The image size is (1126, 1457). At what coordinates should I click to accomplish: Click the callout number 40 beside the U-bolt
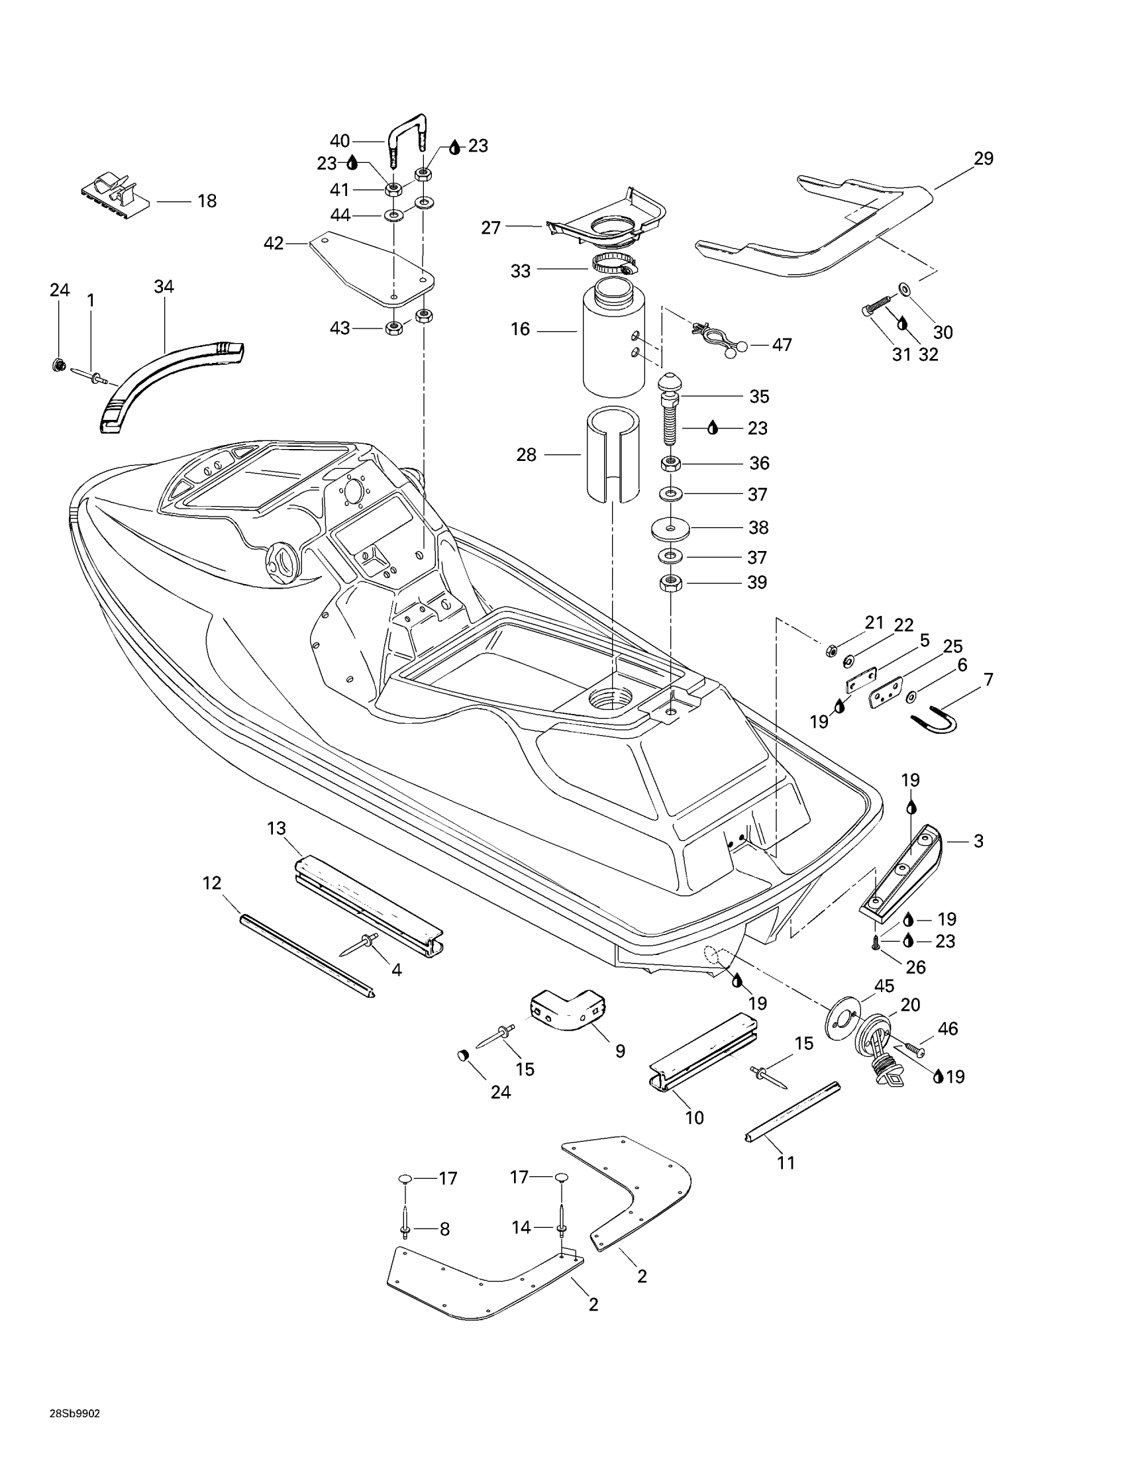pyautogui.click(x=340, y=141)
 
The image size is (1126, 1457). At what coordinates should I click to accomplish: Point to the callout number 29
pyautogui.click(x=983, y=159)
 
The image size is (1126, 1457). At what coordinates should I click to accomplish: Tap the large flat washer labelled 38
pyautogui.click(x=670, y=528)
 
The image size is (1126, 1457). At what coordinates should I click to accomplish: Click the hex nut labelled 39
pyautogui.click(x=670, y=582)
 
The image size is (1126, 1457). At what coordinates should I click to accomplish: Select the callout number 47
pyautogui.click(x=782, y=345)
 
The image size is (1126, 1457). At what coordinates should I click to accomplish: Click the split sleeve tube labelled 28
pyautogui.click(x=613, y=460)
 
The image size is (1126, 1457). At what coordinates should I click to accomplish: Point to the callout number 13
pyautogui.click(x=276, y=829)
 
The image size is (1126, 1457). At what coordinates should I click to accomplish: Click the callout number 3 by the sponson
pyautogui.click(x=978, y=841)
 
